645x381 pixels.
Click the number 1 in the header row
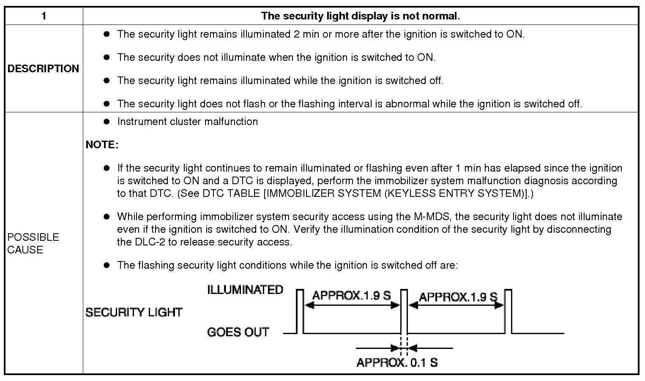tap(44, 16)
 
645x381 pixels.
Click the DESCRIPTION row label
tap(43, 68)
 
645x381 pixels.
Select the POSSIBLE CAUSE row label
tap(33, 243)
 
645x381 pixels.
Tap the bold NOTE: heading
tap(102, 144)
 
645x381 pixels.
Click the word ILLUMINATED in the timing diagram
tap(245, 290)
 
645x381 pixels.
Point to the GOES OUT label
tap(238, 332)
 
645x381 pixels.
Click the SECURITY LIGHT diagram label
tap(134, 312)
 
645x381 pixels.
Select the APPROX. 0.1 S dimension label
tap(397, 362)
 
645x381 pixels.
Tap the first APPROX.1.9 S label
tap(351, 295)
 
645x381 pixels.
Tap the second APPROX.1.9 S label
tap(458, 297)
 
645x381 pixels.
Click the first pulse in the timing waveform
tap(300, 311)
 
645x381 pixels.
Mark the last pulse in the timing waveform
tap(508, 311)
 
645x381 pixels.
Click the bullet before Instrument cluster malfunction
tap(107, 122)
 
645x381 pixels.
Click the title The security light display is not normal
tap(360, 16)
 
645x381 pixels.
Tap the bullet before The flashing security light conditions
tap(107, 265)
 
